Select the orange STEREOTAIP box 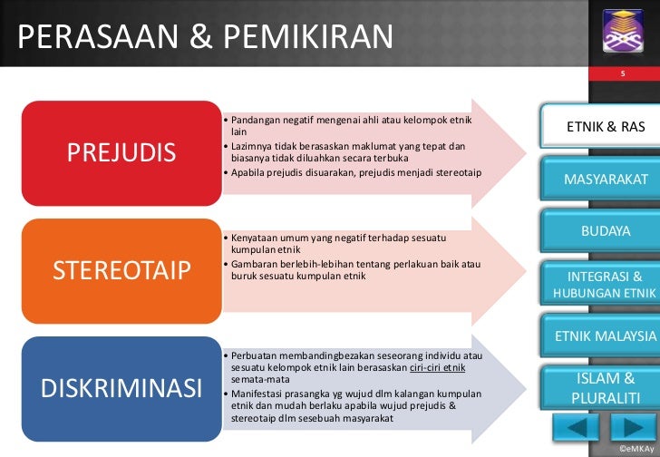[x=121, y=270]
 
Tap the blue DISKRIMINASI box [x=121, y=389]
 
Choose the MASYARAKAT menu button [x=605, y=180]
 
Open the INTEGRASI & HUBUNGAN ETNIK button [x=603, y=284]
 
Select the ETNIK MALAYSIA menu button [x=605, y=335]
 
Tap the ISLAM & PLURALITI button [x=605, y=388]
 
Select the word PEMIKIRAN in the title [x=302, y=38]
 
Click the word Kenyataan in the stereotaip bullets [x=257, y=238]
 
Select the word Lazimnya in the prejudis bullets [x=253, y=146]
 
